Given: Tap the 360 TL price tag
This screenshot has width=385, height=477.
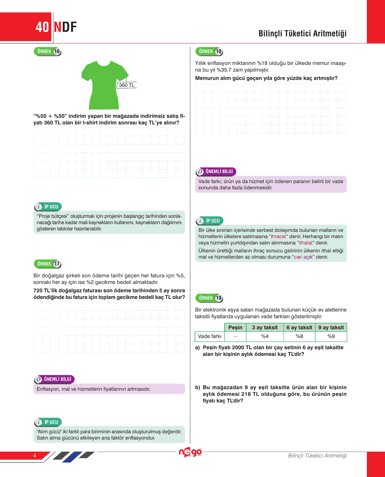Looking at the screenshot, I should click(x=127, y=85).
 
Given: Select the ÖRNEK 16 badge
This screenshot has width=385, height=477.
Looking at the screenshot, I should click(x=48, y=51).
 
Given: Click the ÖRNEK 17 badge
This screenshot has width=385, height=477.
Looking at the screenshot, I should click(x=48, y=264).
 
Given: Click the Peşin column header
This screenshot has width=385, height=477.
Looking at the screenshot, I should click(x=235, y=327).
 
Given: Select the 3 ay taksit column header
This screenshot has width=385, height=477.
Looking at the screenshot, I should click(x=265, y=327).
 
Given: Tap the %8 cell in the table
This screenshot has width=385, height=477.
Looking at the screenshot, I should click(x=299, y=336).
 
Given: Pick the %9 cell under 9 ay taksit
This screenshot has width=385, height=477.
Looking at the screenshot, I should click(x=331, y=336).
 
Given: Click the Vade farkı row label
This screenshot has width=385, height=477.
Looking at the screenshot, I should click(x=209, y=336).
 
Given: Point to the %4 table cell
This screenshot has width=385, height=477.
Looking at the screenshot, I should click(x=265, y=336).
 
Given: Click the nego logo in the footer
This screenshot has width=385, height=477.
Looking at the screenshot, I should click(x=190, y=452).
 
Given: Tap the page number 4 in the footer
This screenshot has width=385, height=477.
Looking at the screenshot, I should click(x=35, y=455).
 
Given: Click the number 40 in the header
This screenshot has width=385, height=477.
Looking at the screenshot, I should click(x=42, y=27).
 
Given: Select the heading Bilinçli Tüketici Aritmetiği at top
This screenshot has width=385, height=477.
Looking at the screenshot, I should click(x=302, y=33).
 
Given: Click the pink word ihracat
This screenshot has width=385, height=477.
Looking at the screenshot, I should click(x=278, y=236).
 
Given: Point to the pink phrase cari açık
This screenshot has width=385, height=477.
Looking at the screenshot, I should click(x=303, y=257).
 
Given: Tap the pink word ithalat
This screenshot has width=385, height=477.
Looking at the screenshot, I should click(x=306, y=243).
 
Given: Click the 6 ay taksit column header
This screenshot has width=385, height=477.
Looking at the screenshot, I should click(x=299, y=327).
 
